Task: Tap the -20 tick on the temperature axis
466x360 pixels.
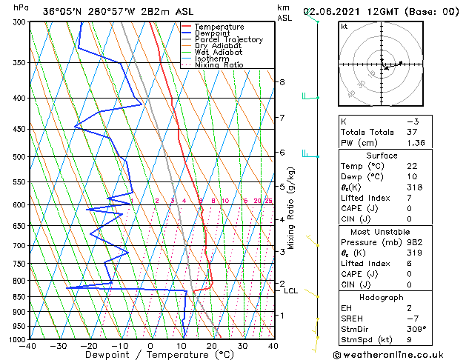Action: click(89, 346)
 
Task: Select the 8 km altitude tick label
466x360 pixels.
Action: click(282, 81)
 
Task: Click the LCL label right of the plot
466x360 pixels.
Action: click(290, 291)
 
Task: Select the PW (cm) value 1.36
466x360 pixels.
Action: click(413, 142)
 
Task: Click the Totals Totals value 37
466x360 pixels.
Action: click(411, 131)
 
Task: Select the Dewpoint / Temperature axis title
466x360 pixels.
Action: click(150, 355)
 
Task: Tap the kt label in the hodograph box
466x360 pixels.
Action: click(344, 26)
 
